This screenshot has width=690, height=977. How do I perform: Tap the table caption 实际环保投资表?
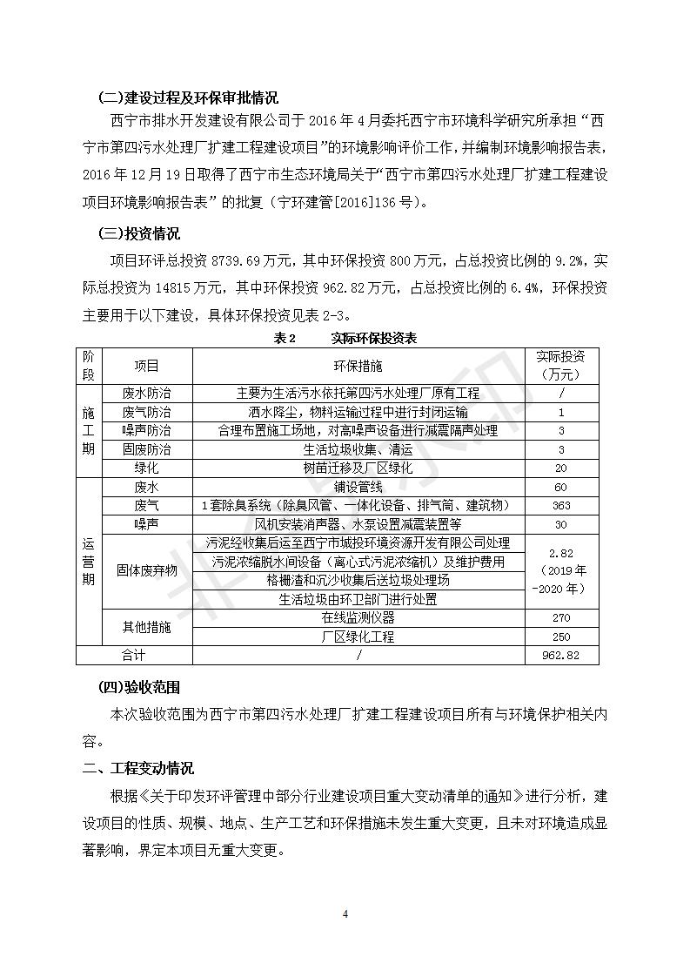click(x=373, y=338)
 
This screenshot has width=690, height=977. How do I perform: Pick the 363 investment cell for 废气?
click(x=561, y=505)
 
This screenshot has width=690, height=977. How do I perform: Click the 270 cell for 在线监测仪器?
click(x=561, y=617)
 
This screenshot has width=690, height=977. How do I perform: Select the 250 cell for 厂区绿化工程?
click(x=561, y=637)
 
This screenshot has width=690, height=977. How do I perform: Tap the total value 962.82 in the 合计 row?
click(x=561, y=656)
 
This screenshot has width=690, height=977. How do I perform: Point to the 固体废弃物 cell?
click(x=146, y=570)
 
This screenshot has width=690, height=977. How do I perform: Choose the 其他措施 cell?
click(x=146, y=627)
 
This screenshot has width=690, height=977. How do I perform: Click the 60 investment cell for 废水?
click(x=561, y=487)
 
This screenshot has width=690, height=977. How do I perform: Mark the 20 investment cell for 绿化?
click(x=561, y=468)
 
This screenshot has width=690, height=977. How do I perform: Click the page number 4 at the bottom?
click(x=345, y=914)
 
